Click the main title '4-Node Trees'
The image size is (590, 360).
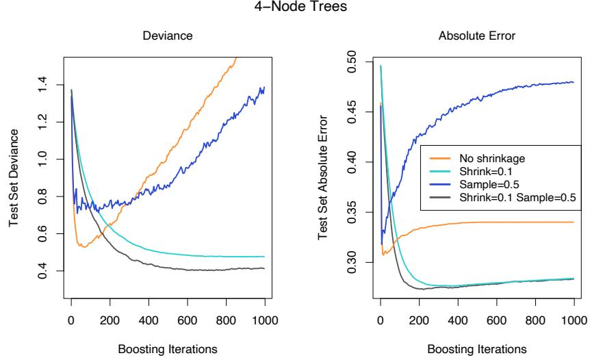pos(294,10)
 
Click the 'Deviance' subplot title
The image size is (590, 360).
pos(167,40)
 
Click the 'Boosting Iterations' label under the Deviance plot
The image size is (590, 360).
pos(167,348)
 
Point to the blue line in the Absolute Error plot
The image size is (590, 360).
pos(479,88)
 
